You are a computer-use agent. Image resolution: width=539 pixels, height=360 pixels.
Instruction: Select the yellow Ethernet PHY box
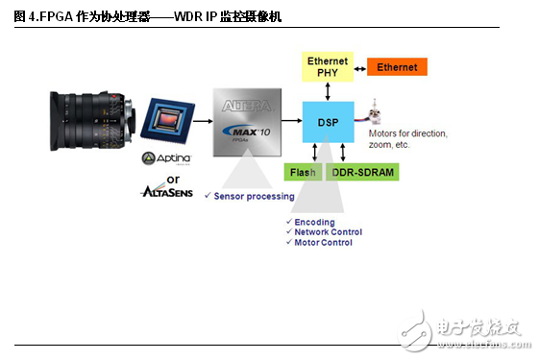327,67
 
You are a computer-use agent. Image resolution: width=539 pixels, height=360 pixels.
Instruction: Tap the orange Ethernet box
397,67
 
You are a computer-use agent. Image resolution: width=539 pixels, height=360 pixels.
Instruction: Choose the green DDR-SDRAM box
363,173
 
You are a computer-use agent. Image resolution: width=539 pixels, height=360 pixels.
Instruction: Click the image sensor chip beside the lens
166,123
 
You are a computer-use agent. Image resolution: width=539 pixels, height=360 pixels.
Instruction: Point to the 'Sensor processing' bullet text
254,196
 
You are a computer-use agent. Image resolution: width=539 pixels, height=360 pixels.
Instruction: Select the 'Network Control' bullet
328,232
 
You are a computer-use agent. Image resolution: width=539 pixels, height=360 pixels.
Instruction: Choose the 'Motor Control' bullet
322,243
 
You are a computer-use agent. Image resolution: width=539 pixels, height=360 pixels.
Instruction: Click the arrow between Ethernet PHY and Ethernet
359,67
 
